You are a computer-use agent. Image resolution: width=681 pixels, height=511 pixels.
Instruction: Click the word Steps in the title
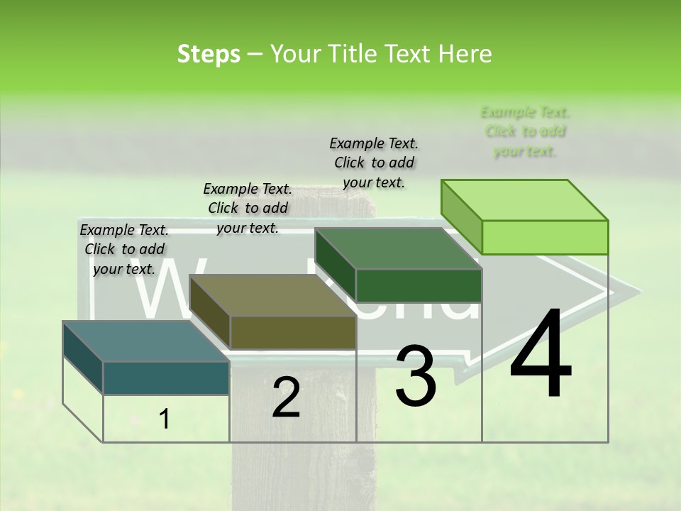pyautogui.click(x=209, y=54)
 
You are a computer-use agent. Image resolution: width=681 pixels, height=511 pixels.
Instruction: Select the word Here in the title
pyautogui.click(x=465, y=54)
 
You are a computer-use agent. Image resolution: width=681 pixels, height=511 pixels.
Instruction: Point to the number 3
pyautogui.click(x=415, y=375)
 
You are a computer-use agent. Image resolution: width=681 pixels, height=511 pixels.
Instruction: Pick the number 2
pyautogui.click(x=286, y=397)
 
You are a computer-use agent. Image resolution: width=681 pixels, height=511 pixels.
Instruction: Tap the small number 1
pyautogui.click(x=165, y=419)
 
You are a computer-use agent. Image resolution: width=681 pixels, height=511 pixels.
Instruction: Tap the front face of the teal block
pyautogui.click(x=166, y=378)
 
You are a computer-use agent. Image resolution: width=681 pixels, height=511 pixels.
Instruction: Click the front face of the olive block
pyautogui.click(x=292, y=332)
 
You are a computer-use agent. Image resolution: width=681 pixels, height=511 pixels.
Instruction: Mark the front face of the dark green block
pyautogui.click(x=419, y=285)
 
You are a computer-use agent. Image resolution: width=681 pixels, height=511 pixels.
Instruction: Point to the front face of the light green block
pyautogui.click(x=545, y=237)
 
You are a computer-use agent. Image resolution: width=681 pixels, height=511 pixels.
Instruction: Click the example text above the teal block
pyautogui.click(x=124, y=249)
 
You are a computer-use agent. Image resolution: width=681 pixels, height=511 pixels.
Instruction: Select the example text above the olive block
pyautogui.click(x=248, y=208)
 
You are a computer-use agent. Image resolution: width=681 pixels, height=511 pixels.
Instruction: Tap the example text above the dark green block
pyautogui.click(x=374, y=163)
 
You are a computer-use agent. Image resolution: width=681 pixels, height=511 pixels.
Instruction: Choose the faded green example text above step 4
pyautogui.click(x=525, y=131)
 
